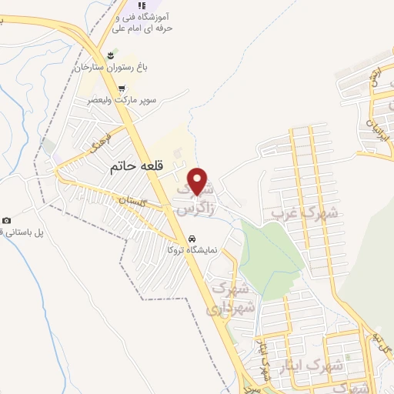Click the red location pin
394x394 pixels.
pos(199,181)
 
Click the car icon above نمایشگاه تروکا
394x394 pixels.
pos(192,238)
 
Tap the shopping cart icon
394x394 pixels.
pos(122,88)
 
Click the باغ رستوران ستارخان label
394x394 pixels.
pos(109,68)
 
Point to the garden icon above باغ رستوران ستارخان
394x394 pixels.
pos(112,55)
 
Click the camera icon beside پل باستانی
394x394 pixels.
pos(6,222)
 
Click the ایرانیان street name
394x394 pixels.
pos(377,127)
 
